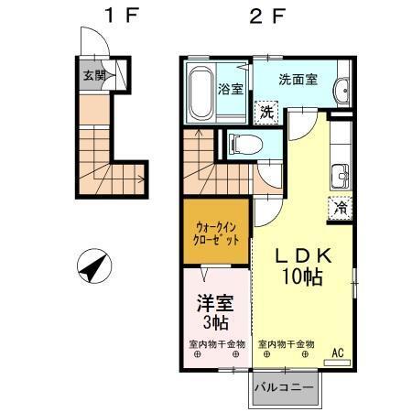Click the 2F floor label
[x=258, y=16]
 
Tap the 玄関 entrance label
[x=93, y=76]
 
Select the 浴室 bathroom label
[x=230, y=89]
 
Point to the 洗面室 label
[x=298, y=80]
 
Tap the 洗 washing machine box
[x=265, y=113]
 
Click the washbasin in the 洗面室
[x=342, y=90]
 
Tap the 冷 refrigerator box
[x=340, y=208]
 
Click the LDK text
[x=300, y=257]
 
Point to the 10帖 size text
[x=301, y=277]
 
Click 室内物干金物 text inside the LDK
[x=286, y=344]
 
